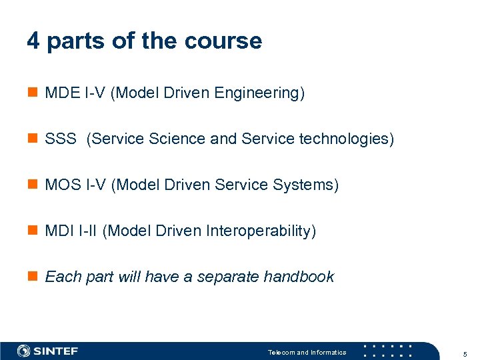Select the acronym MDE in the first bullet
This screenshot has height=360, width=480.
pos(62,93)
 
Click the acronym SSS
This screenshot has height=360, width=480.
pos(61,139)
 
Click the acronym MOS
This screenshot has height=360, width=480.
pos(62,185)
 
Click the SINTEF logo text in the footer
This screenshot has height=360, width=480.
pos(55,351)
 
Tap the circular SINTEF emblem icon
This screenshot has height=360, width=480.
pos(24,351)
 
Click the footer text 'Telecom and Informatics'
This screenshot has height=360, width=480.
pos(307,352)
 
